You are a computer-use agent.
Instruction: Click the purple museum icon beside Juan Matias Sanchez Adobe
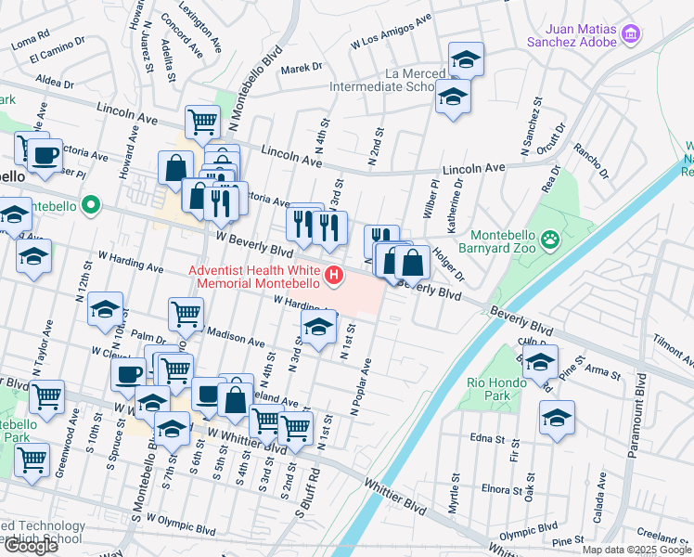click(631, 34)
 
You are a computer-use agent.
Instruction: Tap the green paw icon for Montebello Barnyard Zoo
click(551, 240)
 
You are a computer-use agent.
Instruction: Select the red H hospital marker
click(333, 277)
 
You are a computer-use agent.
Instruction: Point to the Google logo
click(31, 546)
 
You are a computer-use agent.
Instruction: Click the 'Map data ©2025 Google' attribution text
click(636, 550)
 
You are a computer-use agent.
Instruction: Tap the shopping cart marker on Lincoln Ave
click(202, 121)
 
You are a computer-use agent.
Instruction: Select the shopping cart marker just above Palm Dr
click(186, 314)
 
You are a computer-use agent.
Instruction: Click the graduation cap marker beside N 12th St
click(106, 308)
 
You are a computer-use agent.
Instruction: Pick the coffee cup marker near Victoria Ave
click(44, 154)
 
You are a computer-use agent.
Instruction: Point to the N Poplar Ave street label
click(360, 386)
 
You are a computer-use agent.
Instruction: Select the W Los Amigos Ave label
click(392, 32)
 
